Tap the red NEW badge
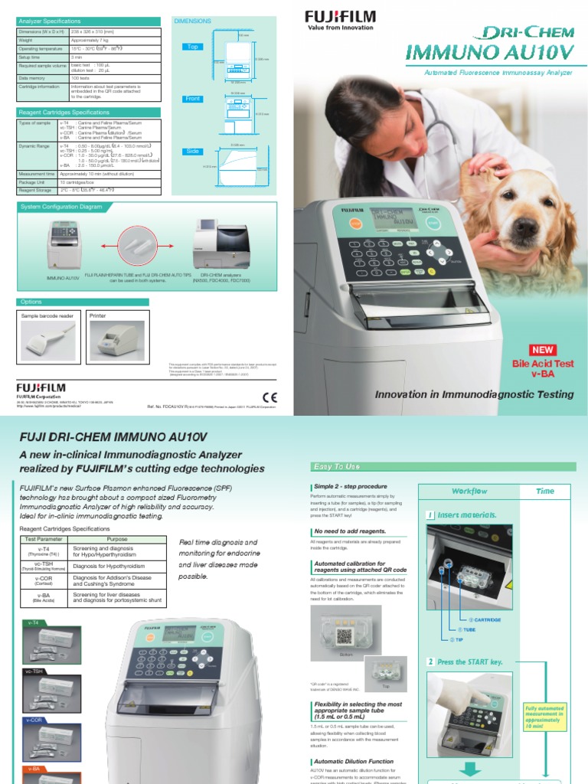pyautogui.click(x=543, y=349)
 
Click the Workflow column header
pyautogui.click(x=469, y=491)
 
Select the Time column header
pyautogui.click(x=546, y=491)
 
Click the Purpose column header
pyautogui.click(x=116, y=539)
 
